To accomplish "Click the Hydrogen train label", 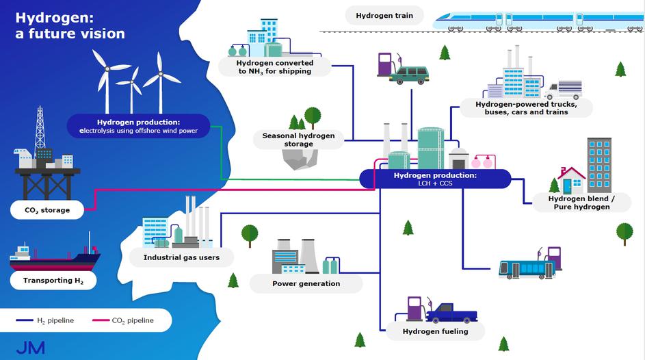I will [x=384, y=15].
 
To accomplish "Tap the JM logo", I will [x=30, y=347].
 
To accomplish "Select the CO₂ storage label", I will [x=47, y=210].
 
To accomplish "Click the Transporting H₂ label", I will [x=52, y=280].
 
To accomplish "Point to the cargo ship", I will [x=55, y=258].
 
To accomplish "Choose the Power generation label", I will [x=306, y=283].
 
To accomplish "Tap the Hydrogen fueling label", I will [x=436, y=331].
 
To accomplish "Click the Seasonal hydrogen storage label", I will [x=299, y=140].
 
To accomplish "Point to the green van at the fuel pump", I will [x=408, y=75].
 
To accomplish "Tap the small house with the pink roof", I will [x=572, y=179].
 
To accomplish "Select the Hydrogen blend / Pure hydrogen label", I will [x=582, y=203].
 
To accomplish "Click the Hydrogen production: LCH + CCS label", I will [x=435, y=179].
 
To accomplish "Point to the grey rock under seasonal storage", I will [x=299, y=159].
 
